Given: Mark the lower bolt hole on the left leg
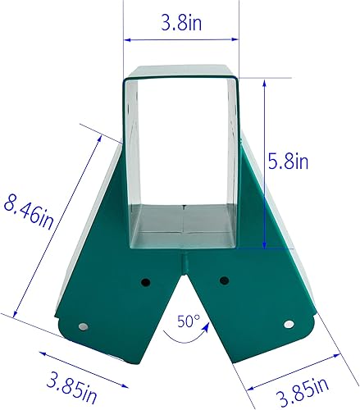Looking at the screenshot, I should coord(84,326).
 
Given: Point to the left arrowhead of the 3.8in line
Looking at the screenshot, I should coord(127,39).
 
